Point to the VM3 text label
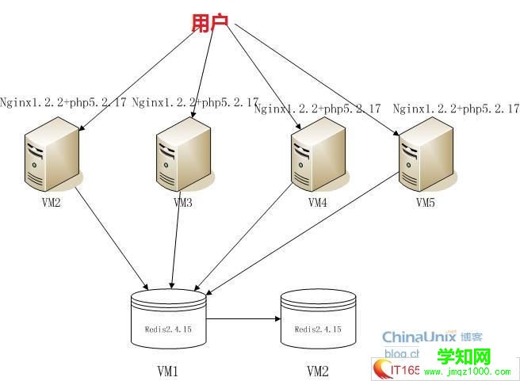183,203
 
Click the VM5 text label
426,203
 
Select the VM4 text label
317,203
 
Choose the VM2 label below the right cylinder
317,371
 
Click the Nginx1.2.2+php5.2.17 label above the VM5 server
456,108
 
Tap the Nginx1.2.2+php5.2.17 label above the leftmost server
63,102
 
